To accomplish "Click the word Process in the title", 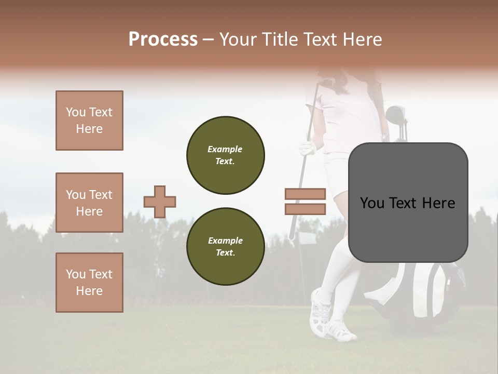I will click(x=163, y=39).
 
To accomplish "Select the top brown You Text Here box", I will click(x=89, y=121).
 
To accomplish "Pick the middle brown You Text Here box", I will click(x=89, y=203).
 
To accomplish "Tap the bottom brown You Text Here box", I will click(x=89, y=283).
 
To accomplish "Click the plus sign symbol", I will click(x=160, y=202).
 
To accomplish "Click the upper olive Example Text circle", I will click(x=226, y=155).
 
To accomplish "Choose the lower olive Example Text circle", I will click(x=226, y=246).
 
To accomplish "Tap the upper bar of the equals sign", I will click(x=306, y=194).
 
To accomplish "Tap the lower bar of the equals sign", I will click(x=306, y=209).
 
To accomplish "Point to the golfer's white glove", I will click(x=308, y=149).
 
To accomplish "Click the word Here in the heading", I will click(x=363, y=39).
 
